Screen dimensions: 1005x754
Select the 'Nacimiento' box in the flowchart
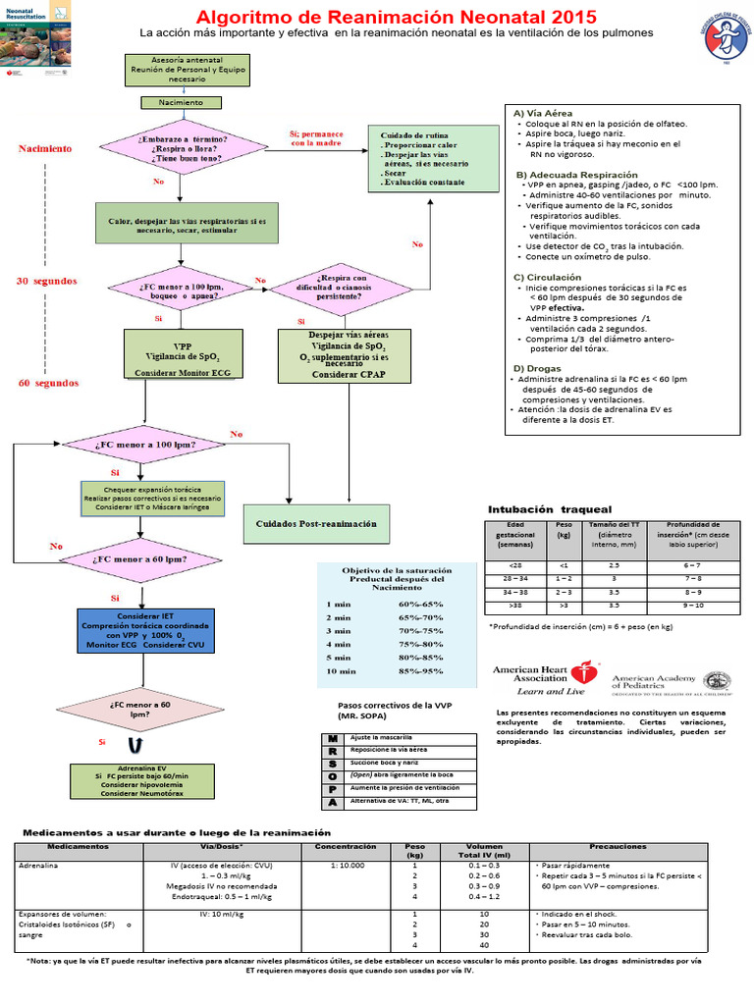click(176, 102)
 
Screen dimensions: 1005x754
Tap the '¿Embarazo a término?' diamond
click(186, 146)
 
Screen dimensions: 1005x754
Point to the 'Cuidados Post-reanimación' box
click(316, 524)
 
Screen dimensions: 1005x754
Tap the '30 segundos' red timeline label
click(47, 281)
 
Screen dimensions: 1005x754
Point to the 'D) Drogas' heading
click(539, 368)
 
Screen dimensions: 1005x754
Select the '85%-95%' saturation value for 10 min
click(411, 671)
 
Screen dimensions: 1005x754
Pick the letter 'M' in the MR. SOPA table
click(333, 737)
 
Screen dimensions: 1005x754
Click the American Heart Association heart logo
click(587, 674)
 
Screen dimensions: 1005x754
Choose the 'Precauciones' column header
click(618, 845)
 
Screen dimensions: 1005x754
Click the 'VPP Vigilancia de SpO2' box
click(183, 354)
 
